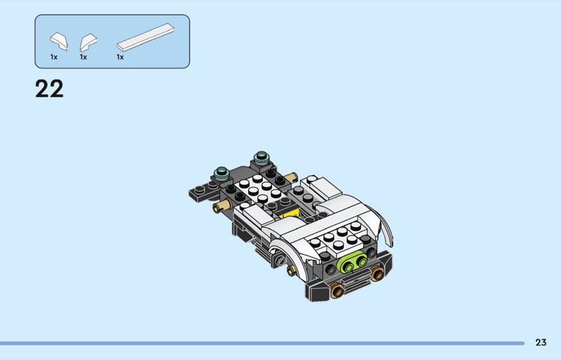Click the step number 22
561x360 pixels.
pyautogui.click(x=49, y=89)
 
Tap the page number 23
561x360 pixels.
pyautogui.click(x=541, y=342)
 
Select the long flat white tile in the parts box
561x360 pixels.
pyautogui.click(x=146, y=37)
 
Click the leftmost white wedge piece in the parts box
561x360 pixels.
pyautogui.click(x=59, y=41)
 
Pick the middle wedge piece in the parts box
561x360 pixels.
pyautogui.click(x=88, y=42)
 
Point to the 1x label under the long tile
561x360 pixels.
pyautogui.click(x=120, y=57)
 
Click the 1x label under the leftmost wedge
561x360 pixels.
pyautogui.click(x=54, y=57)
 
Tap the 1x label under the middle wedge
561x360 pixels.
pyautogui.click(x=83, y=57)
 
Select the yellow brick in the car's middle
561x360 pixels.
pyautogui.click(x=289, y=215)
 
